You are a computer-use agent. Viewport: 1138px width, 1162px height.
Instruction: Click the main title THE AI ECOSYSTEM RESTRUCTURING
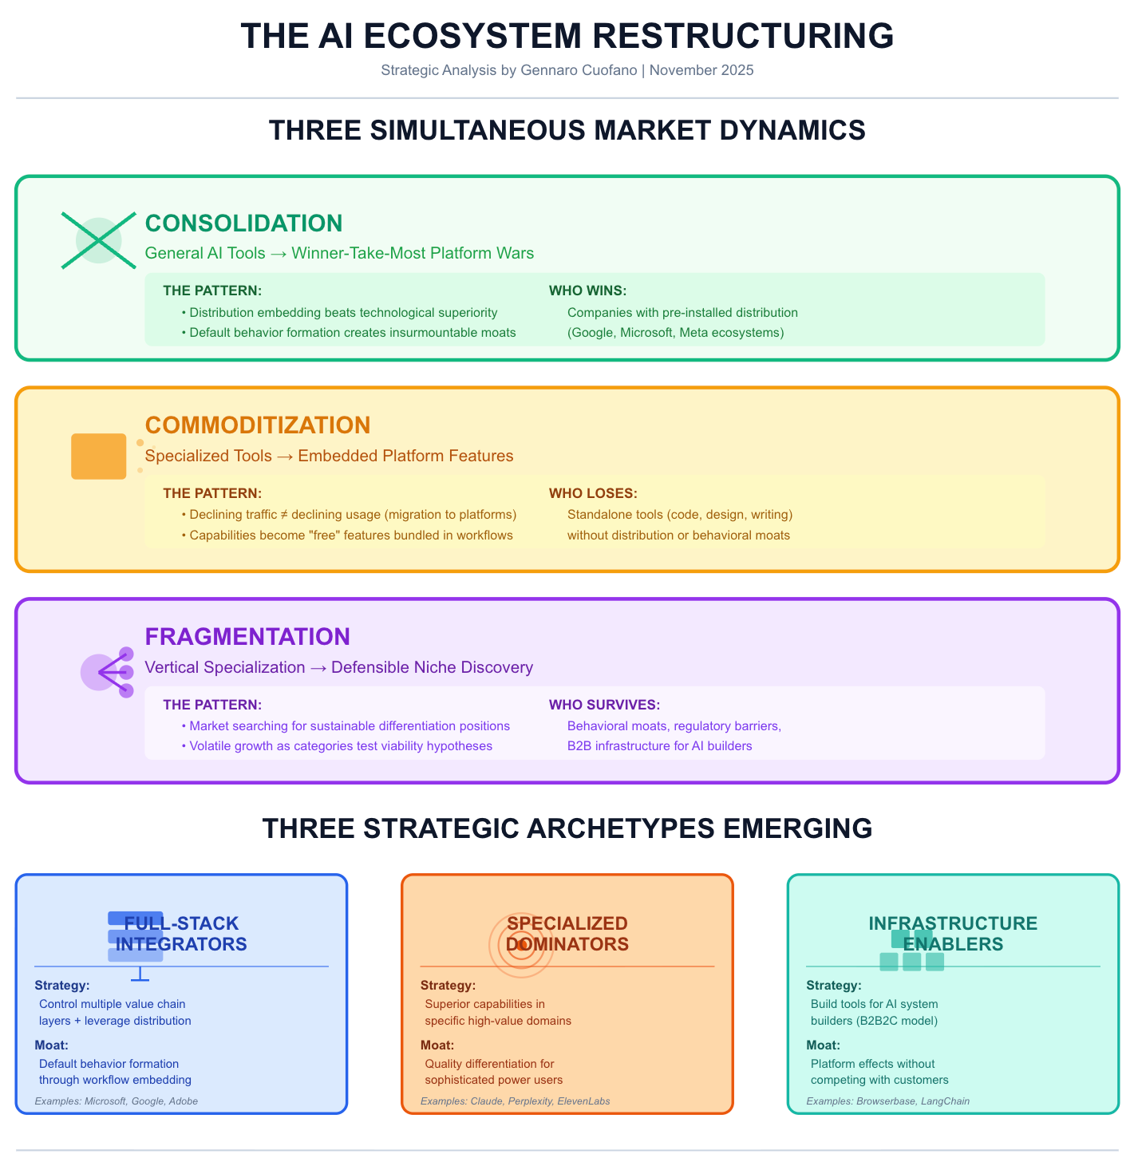(x=567, y=37)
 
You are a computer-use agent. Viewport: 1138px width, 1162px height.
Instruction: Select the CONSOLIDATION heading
(x=243, y=223)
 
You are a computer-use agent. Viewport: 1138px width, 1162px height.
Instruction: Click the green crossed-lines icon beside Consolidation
(x=99, y=240)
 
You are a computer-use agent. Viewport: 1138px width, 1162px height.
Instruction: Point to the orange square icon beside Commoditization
(x=99, y=457)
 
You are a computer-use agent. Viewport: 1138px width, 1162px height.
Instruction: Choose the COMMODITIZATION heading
(x=258, y=425)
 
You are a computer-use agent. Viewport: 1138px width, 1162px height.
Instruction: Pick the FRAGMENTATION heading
(x=247, y=637)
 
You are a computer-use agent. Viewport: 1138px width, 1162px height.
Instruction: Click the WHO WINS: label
(x=587, y=290)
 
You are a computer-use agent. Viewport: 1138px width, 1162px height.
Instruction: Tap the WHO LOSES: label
(x=593, y=494)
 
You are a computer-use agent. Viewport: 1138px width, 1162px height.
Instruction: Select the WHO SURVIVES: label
(x=604, y=705)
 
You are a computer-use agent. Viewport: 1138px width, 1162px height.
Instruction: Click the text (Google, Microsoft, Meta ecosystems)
(x=675, y=333)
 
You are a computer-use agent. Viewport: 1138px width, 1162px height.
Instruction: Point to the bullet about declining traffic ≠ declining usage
(x=353, y=515)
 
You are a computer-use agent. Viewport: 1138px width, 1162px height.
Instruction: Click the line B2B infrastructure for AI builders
(x=659, y=746)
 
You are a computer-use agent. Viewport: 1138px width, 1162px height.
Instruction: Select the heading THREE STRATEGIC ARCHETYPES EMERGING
(x=567, y=828)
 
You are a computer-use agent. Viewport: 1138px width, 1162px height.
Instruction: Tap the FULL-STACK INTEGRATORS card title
(x=181, y=934)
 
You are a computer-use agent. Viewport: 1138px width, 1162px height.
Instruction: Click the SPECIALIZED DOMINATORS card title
(x=567, y=934)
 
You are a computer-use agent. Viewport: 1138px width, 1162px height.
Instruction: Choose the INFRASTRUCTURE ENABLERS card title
(x=953, y=934)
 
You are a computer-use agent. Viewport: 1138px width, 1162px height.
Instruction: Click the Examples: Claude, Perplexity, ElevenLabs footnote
(x=515, y=1101)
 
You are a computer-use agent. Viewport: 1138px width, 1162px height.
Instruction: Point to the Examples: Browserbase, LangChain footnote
(x=887, y=1101)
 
